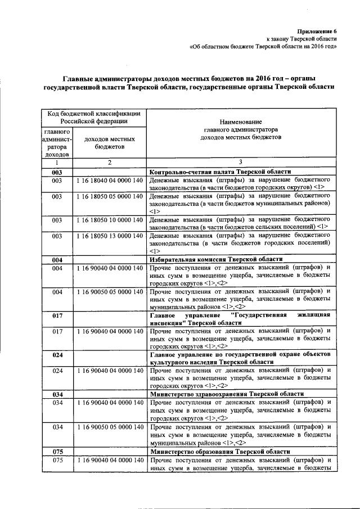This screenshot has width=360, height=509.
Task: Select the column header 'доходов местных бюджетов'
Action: coord(110,142)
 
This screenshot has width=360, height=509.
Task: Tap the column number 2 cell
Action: coord(110,163)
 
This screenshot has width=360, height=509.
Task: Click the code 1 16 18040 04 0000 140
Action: coord(110,179)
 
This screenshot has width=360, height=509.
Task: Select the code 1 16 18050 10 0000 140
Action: coord(110,219)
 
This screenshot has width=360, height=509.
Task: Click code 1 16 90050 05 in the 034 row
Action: coord(110,427)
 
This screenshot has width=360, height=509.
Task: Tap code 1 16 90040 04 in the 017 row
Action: coord(110,331)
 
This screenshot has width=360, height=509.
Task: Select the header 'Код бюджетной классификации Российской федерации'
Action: coord(93,117)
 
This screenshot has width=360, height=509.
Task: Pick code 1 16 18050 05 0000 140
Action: coord(110,196)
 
